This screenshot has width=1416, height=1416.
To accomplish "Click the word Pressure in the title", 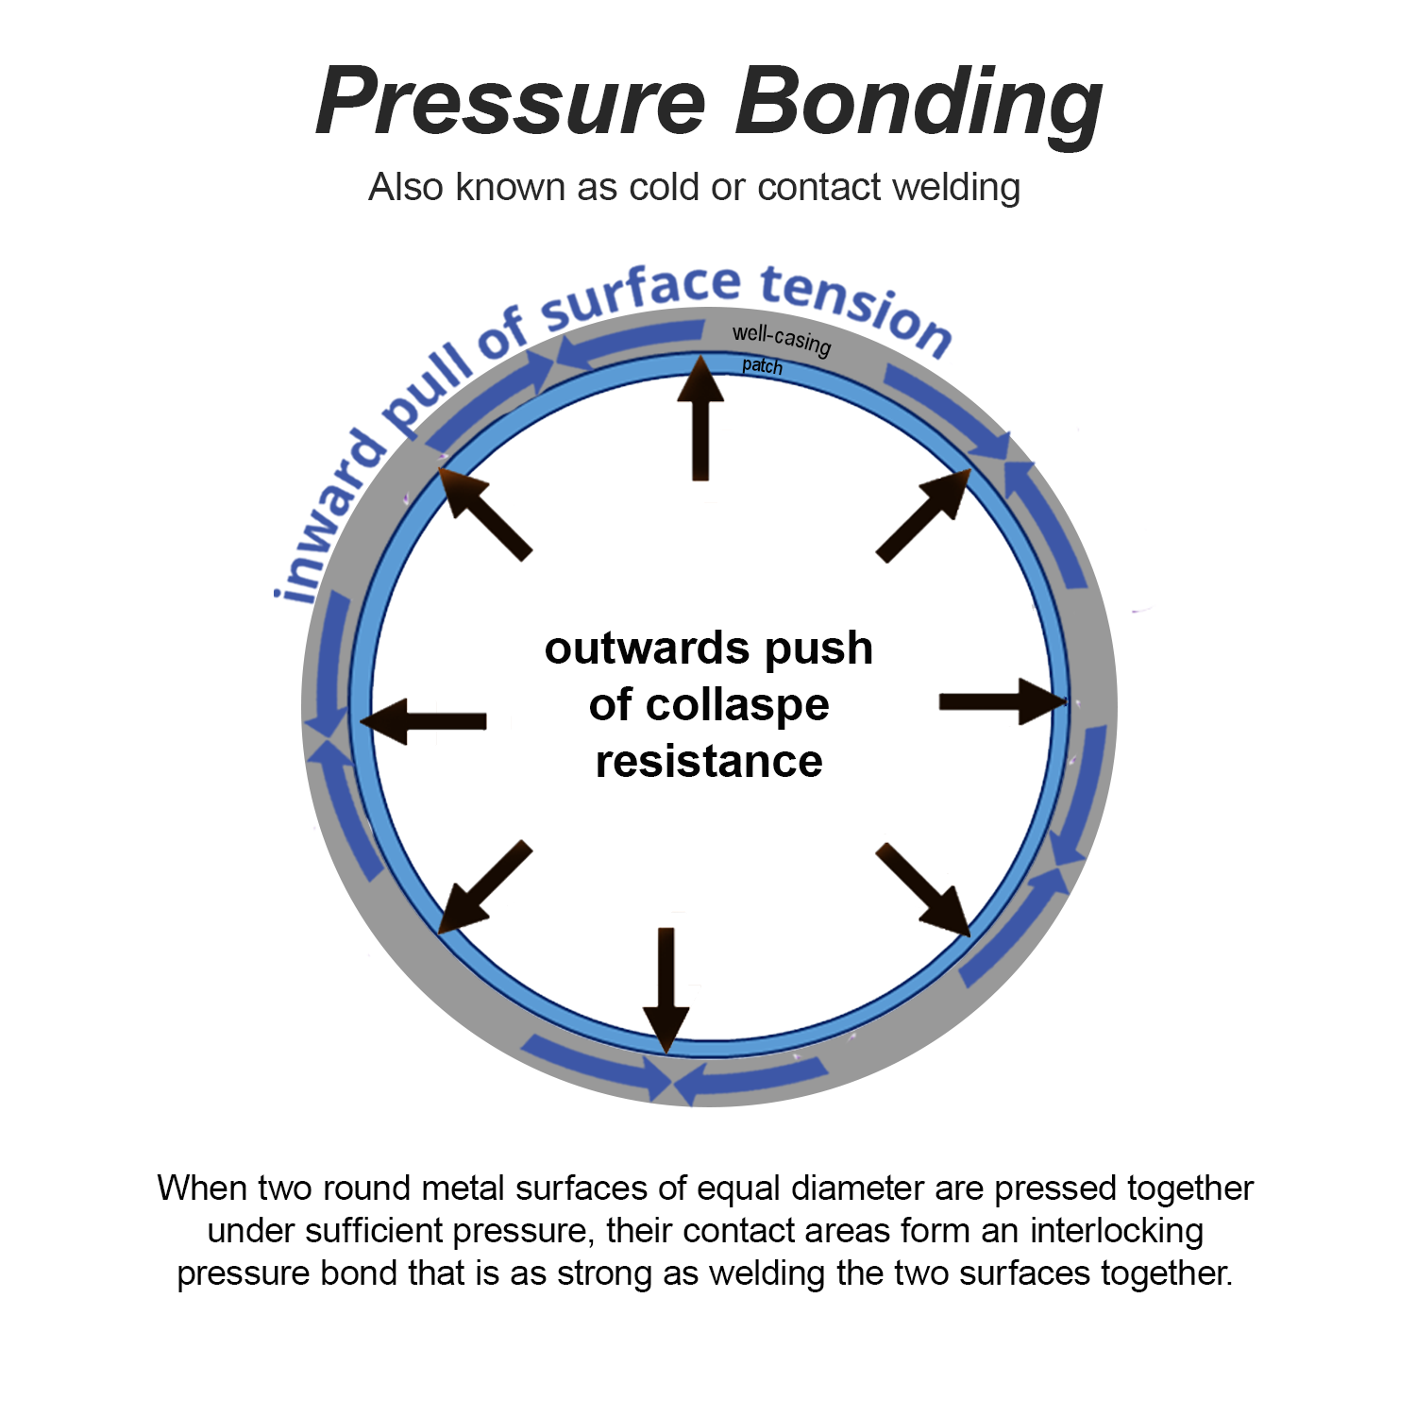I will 511,102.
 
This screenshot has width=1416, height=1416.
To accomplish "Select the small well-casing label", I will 782,339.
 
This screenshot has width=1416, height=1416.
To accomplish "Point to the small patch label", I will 762,366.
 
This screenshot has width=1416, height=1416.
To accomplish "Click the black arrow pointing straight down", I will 666,988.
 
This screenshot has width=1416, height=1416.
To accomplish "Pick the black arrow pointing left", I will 424,722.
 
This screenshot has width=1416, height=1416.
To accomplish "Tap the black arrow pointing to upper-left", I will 486,516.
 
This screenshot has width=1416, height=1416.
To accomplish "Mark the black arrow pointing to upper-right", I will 923,515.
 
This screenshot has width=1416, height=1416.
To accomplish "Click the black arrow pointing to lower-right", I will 923,889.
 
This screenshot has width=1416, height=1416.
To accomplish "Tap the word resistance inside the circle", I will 709,761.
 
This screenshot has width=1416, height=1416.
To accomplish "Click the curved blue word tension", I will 855,308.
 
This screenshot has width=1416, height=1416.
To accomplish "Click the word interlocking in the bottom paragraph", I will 1117,1231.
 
